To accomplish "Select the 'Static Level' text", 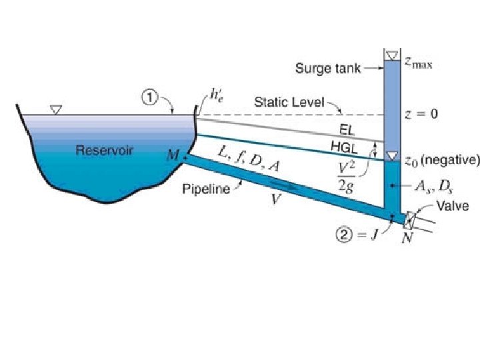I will (289, 103).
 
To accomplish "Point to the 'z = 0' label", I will (421, 114).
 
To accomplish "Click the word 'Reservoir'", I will (103, 150).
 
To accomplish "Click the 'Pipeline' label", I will (206, 189).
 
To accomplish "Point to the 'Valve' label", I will (454, 206).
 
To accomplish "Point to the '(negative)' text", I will (450, 161).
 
